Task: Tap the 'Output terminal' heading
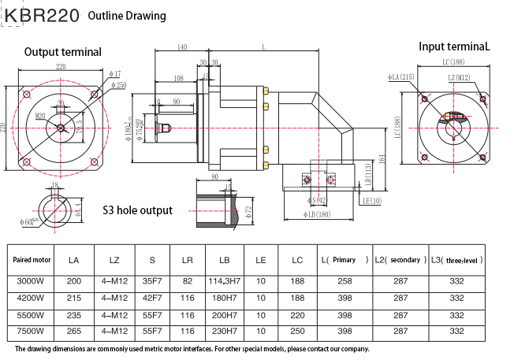coord(63,52)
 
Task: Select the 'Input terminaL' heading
coord(454,46)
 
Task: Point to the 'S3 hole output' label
coord(137,210)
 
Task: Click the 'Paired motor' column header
coord(32,259)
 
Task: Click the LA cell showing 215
coord(74,298)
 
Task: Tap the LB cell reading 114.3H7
coord(224,280)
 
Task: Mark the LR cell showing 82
coord(187,280)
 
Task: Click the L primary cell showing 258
coord(345,280)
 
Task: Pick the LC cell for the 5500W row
coord(296,314)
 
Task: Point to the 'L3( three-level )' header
coord(456,259)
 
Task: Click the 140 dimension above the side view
coord(182,48)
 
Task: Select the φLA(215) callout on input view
coord(401,77)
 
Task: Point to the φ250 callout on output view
coord(119,84)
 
